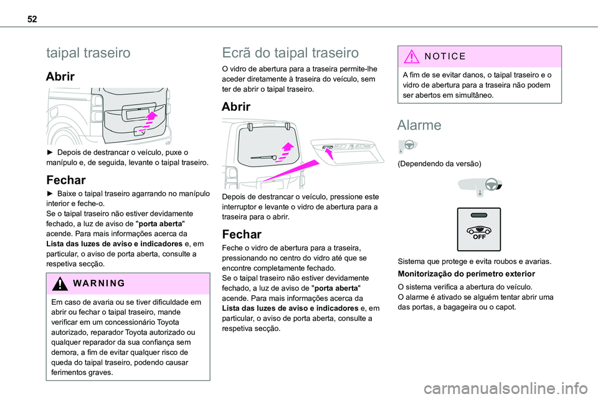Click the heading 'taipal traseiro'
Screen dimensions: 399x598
pos(88,53)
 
